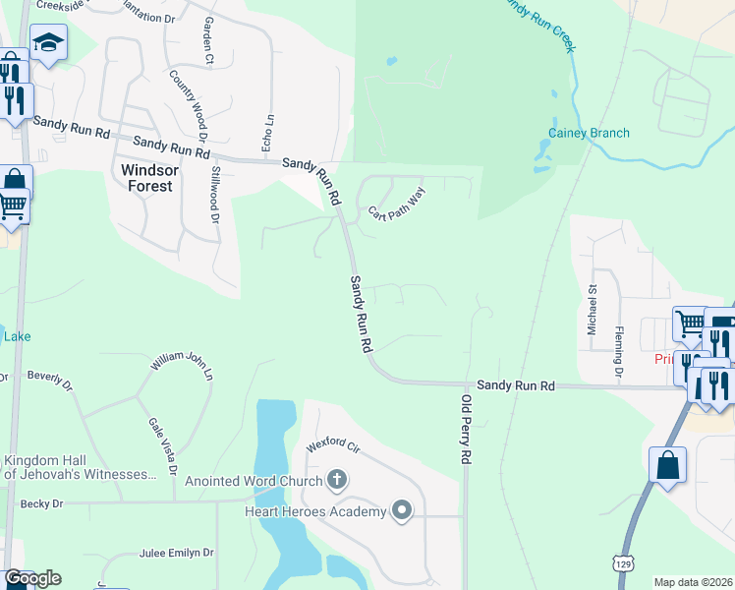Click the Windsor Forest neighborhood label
click(146, 177)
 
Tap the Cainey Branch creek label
click(589, 133)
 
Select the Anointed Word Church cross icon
click(337, 481)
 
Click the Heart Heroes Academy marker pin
click(401, 510)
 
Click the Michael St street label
click(593, 310)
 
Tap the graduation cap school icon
click(47, 42)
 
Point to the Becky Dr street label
click(41, 503)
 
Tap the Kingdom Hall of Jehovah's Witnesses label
click(81, 467)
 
